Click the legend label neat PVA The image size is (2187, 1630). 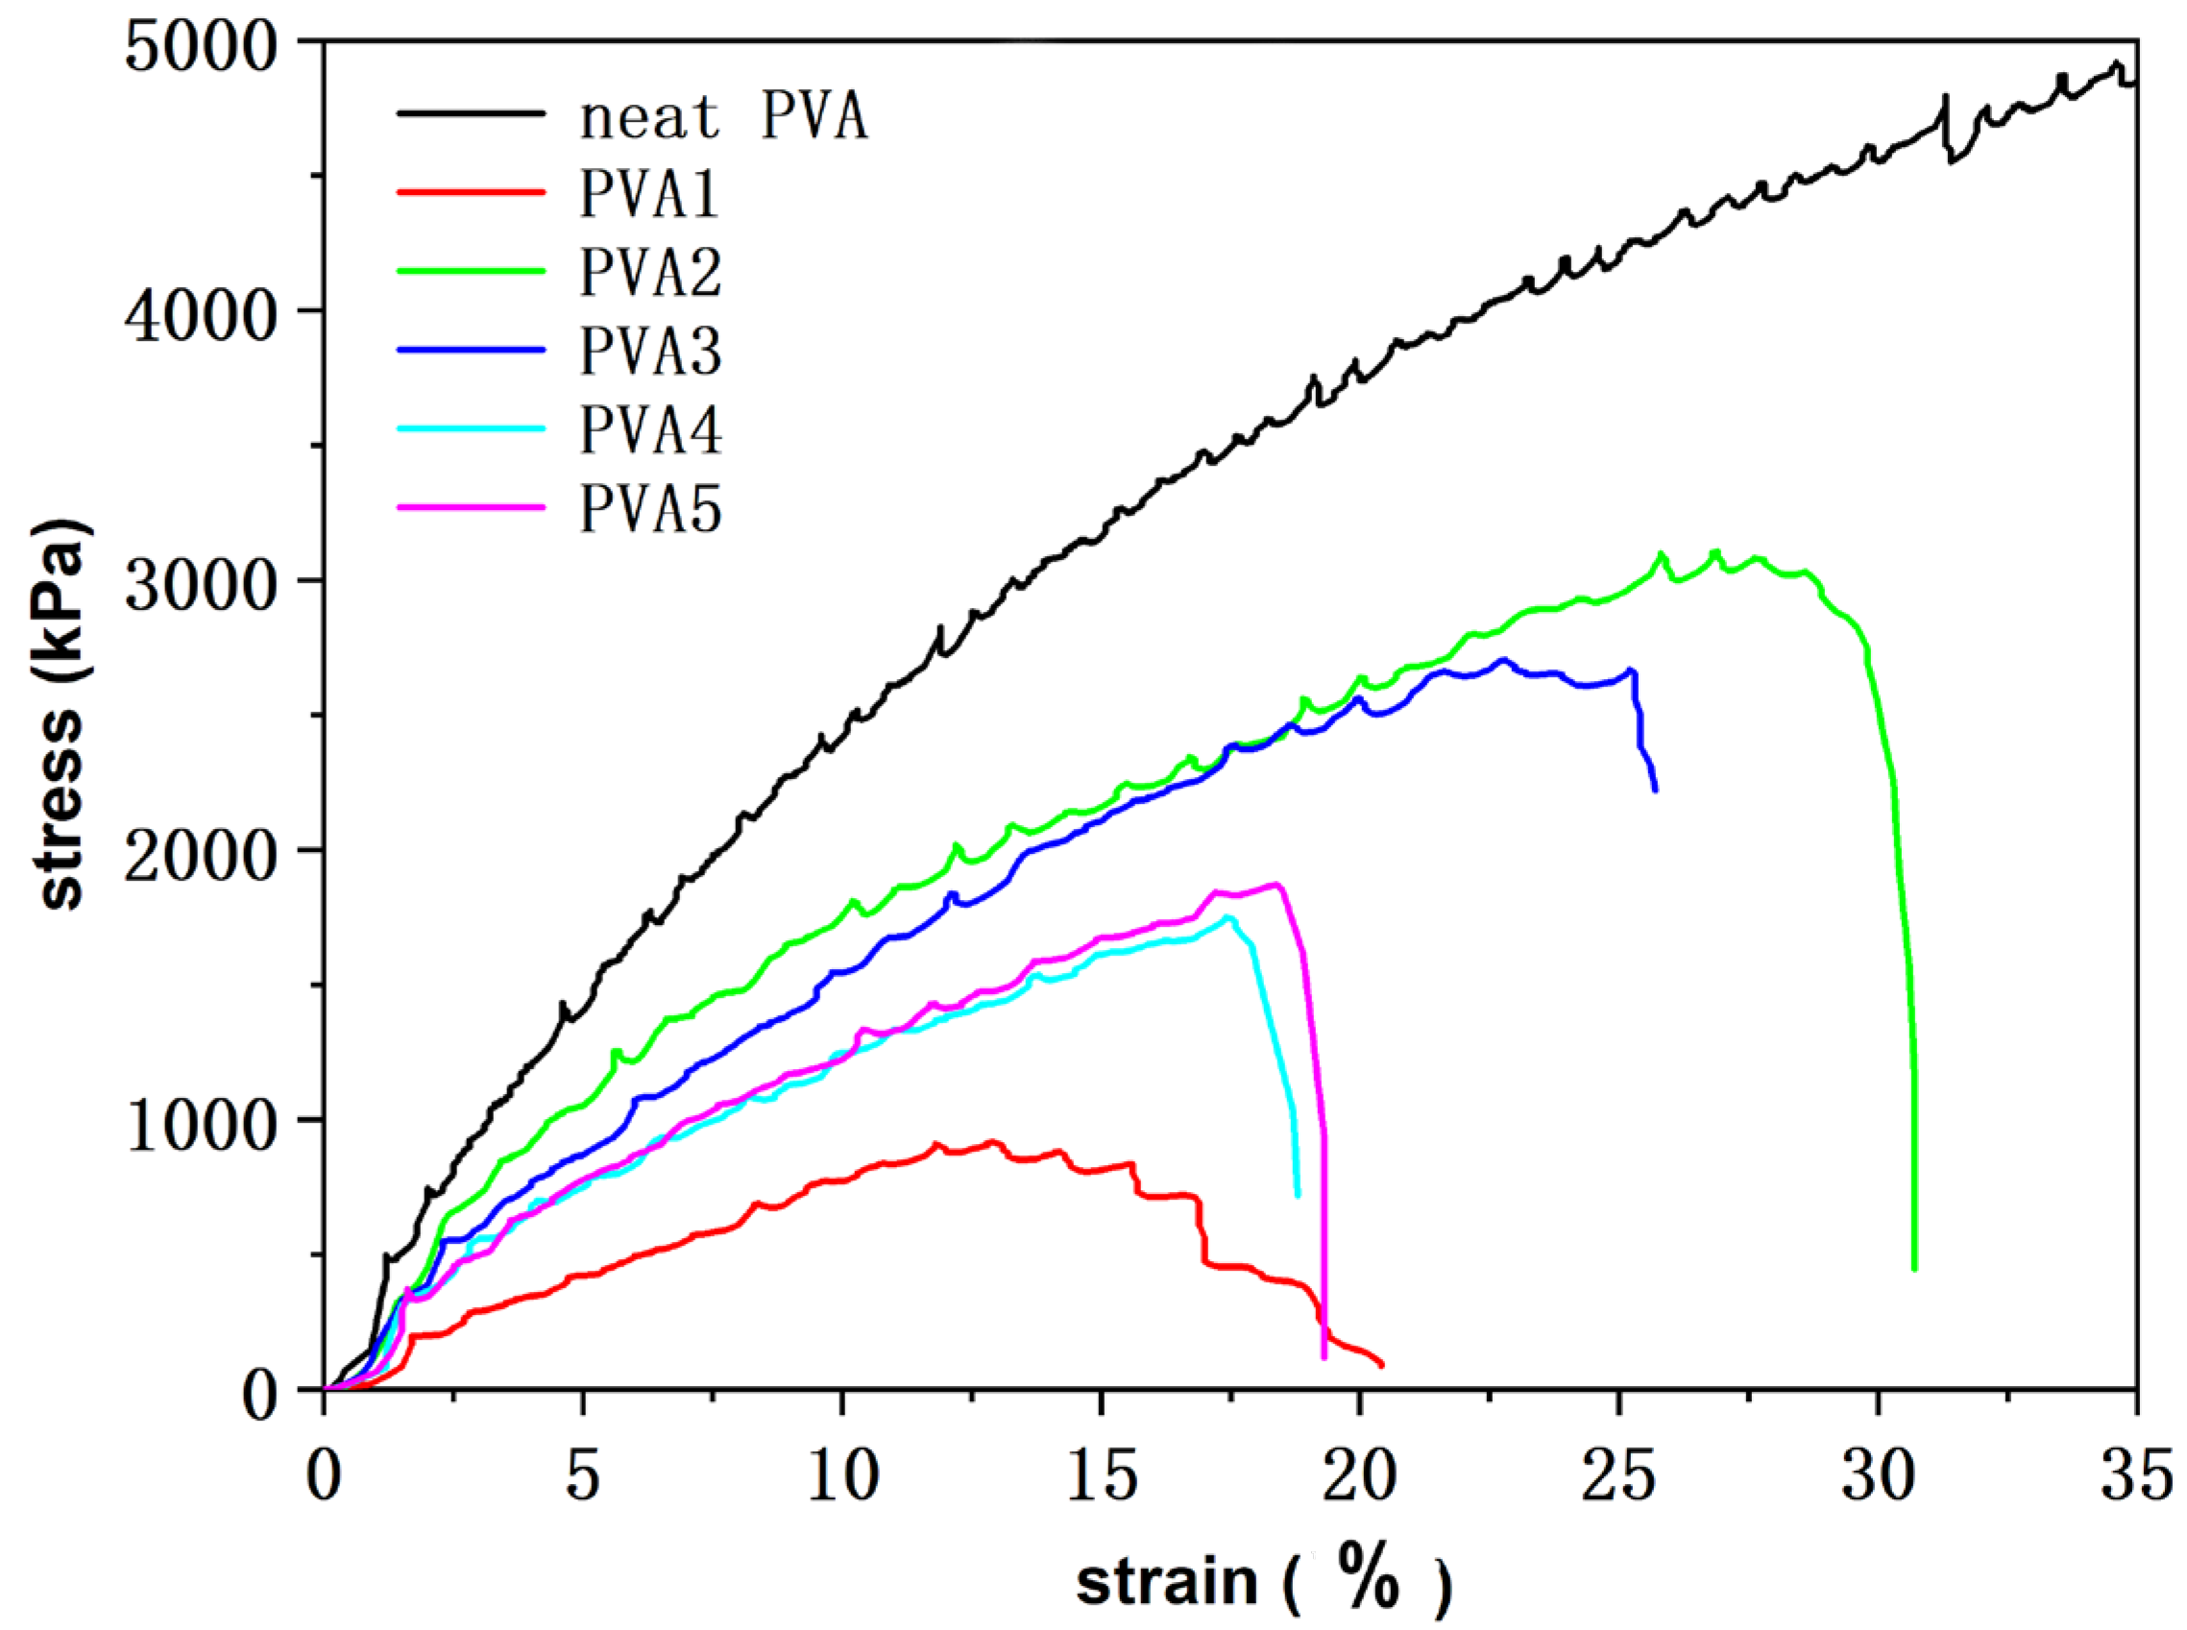click(x=723, y=116)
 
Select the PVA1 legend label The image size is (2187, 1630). click(x=649, y=193)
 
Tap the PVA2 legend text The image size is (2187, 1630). click(x=650, y=273)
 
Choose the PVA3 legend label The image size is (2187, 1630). click(x=650, y=352)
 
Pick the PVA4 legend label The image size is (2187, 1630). click(x=650, y=430)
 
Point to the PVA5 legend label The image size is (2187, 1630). click(x=650, y=509)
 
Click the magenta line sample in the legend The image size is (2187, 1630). click(x=471, y=507)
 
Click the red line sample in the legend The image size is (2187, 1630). click(x=471, y=191)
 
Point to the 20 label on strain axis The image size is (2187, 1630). click(x=1358, y=1477)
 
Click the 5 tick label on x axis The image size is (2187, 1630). click(x=582, y=1477)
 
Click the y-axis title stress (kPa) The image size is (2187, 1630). click(x=61, y=715)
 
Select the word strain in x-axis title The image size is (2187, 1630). click(x=1166, y=1582)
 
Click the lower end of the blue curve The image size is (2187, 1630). click(x=1654, y=790)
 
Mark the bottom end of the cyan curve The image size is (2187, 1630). click(x=1297, y=1195)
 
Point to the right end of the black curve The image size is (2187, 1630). click(x=2135, y=85)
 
